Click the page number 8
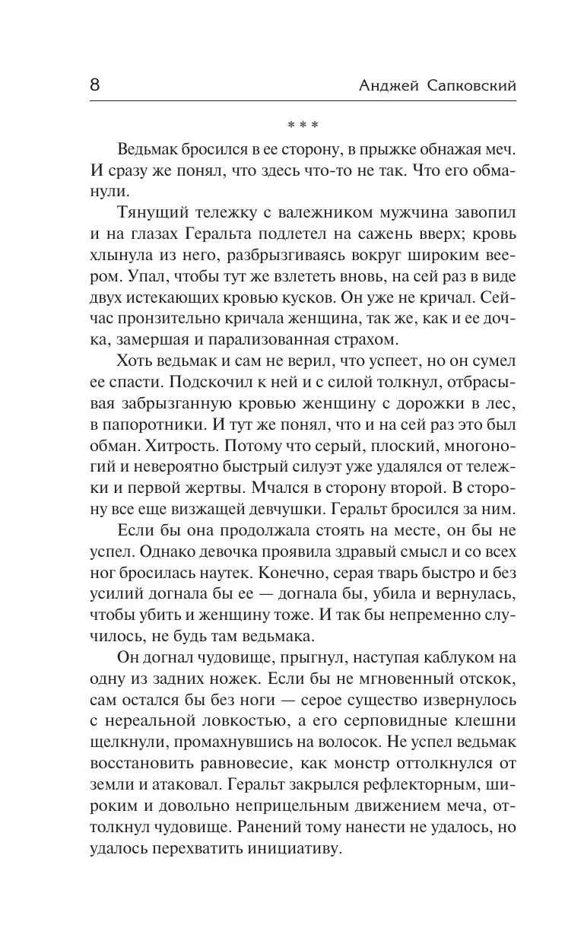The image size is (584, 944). (94, 84)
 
